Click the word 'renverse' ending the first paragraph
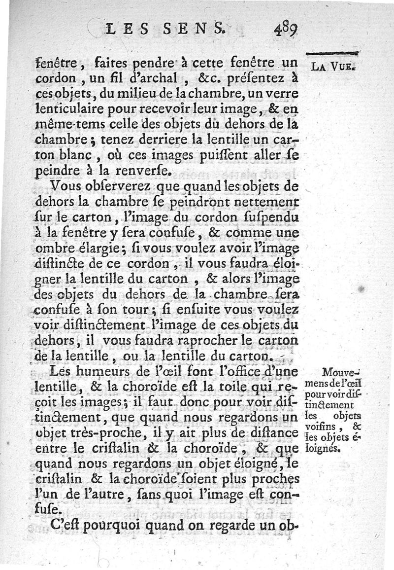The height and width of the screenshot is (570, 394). [x=147, y=172]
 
